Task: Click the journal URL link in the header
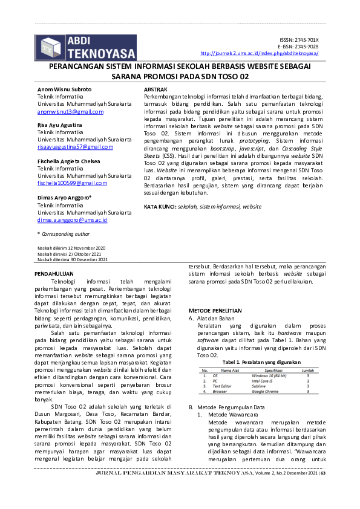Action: [259, 53]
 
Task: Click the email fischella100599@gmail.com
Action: [72, 183]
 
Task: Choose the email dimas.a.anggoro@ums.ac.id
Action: [72, 220]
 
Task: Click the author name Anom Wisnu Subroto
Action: [65, 89]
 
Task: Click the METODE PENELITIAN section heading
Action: [215, 310]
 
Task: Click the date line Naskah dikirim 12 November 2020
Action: [71, 248]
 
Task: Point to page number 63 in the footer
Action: [323, 490]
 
